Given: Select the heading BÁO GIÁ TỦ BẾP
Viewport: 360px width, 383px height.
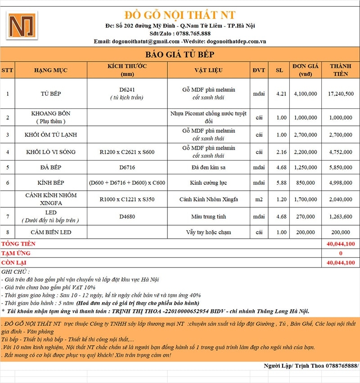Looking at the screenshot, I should (x=180, y=55).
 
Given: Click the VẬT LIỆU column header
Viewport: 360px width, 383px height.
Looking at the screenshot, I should (x=209, y=70).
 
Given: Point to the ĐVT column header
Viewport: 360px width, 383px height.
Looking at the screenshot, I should (x=259, y=70).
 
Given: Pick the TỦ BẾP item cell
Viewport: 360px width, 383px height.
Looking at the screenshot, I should (x=50, y=94).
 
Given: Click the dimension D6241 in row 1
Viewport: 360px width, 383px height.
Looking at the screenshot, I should (x=127, y=89).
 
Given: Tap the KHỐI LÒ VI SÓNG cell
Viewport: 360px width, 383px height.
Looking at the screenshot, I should (x=50, y=152).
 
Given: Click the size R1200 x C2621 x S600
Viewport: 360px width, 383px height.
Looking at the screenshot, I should (x=127, y=152).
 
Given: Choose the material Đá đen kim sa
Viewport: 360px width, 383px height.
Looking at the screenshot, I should (x=209, y=167).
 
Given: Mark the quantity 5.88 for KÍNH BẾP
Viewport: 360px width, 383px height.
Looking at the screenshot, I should (x=279, y=183).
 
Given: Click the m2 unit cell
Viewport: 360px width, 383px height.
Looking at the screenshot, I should (x=259, y=199).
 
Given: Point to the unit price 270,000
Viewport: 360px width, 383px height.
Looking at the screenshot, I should (x=306, y=217).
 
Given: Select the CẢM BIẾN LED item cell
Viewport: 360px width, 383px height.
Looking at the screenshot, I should (x=50, y=232).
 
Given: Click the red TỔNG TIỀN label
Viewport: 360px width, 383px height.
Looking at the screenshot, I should (x=18, y=244).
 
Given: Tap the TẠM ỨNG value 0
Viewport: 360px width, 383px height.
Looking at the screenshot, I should (x=341, y=254).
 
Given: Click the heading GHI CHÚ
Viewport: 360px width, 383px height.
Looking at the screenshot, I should (x=16, y=272).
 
